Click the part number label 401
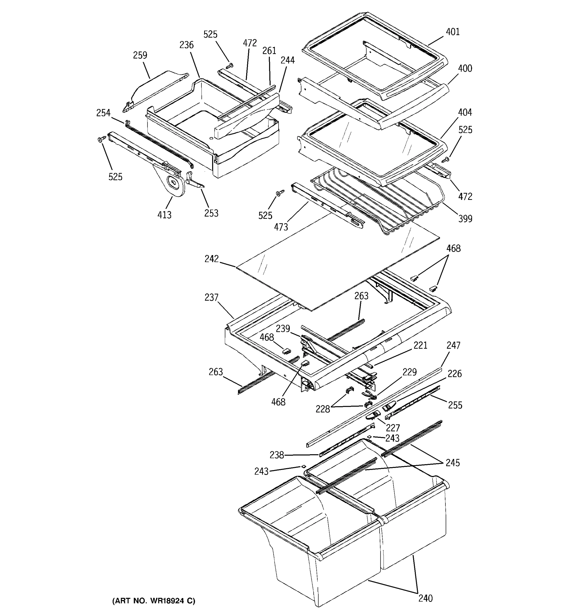453,32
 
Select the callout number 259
140,55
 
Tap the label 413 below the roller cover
164,215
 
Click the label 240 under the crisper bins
425,598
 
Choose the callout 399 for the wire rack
465,219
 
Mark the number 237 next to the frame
211,297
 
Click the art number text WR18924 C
154,601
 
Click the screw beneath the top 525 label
230,66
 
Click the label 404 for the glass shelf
465,112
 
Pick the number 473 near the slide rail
281,227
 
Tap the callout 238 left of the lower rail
276,455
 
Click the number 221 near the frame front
420,345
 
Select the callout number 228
323,409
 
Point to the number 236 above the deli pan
186,45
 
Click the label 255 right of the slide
455,405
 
